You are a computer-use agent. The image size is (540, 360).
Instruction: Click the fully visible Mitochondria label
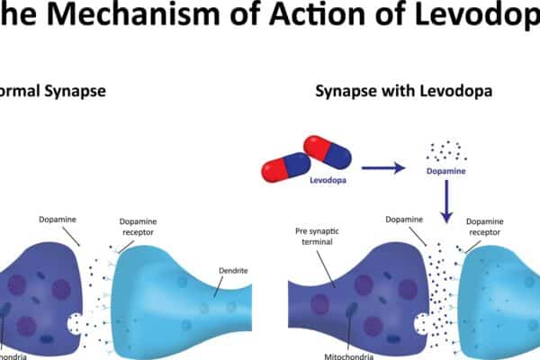click(x=347, y=356)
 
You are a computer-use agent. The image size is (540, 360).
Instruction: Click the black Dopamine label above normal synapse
click(x=58, y=219)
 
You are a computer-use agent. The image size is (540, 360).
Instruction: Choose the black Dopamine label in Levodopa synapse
click(x=404, y=219)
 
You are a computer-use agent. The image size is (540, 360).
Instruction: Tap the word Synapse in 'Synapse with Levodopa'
click(x=342, y=91)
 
